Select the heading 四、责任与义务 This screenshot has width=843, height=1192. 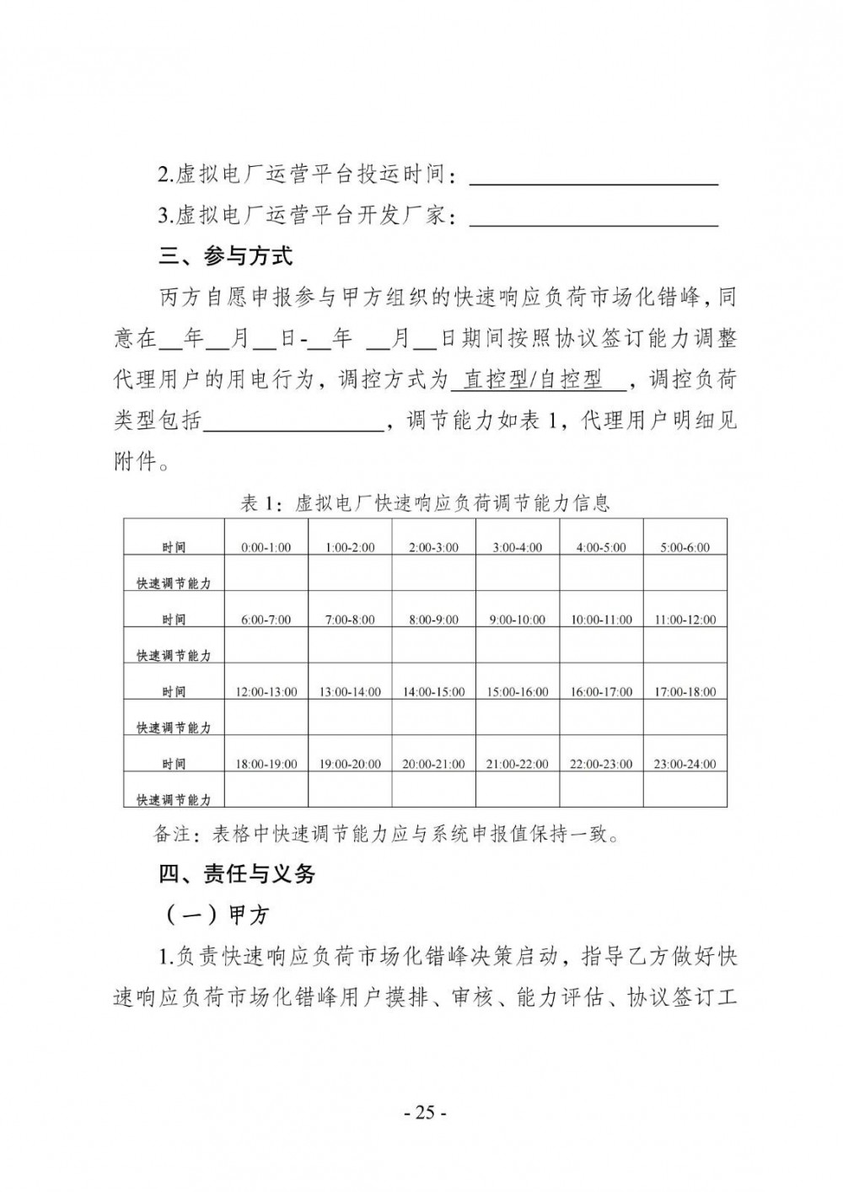coord(237,874)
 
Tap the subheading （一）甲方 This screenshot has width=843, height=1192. coord(213,915)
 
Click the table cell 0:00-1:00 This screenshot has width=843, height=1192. coord(266,547)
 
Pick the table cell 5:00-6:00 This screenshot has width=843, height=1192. coord(685,547)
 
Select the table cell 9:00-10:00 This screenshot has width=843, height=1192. coord(518,620)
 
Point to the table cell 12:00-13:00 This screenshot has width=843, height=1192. coord(266,691)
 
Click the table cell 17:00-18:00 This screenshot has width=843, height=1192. coord(685,691)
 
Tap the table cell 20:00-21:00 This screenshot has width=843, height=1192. coord(433,764)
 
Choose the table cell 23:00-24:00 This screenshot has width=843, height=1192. coord(685,764)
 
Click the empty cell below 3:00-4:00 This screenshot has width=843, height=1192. coord(518,573)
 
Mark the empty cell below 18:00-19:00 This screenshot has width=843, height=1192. coord(266,790)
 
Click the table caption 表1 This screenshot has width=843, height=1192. coord(258,504)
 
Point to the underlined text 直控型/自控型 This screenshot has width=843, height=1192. coord(537,380)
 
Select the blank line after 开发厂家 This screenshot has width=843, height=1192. coord(593,217)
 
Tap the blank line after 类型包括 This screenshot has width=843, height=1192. coord(293,421)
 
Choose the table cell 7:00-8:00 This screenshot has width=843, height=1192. coord(350,620)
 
